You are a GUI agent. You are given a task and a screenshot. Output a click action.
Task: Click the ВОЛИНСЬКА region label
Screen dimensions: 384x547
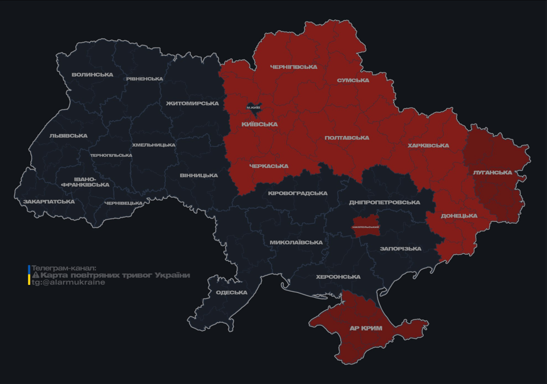92,75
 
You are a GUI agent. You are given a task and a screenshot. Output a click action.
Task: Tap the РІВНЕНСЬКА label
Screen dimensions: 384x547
144,79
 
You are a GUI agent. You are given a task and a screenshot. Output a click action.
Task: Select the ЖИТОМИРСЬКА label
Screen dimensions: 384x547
192,103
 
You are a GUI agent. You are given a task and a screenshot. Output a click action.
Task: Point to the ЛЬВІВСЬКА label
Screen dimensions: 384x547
68,136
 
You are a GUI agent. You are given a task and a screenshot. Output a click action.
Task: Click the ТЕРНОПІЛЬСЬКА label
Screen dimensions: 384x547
111,155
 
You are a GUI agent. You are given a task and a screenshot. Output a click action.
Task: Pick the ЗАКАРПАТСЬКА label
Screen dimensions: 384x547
49,202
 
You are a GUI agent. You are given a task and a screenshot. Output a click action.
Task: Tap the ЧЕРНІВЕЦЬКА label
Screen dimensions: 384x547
123,203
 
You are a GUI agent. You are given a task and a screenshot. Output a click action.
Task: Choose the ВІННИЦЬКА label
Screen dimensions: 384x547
198,175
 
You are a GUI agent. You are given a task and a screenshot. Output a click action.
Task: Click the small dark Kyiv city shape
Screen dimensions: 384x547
254,107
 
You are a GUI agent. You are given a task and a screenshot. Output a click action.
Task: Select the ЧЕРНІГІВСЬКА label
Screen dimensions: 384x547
293,67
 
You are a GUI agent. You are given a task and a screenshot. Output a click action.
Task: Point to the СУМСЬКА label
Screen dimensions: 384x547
353,80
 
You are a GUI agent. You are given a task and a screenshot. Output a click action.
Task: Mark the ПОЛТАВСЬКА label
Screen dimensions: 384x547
347,138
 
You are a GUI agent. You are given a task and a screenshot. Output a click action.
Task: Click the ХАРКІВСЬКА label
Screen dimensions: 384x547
428,146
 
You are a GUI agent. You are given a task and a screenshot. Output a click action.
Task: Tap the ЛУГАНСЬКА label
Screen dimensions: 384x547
492,172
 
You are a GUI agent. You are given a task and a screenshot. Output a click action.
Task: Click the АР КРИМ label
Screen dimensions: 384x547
365,328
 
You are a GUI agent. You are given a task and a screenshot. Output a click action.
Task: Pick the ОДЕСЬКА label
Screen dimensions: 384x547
231,293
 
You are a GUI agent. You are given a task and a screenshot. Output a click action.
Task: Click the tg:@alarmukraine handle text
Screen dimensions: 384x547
68,282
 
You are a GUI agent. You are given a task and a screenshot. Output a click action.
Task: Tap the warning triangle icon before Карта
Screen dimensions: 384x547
35,275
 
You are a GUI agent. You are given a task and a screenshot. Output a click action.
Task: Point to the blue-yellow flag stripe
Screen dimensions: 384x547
29,275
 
